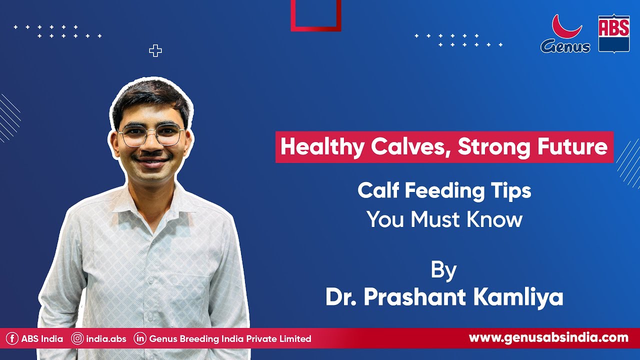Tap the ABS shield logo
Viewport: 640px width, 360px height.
click(x=613, y=33)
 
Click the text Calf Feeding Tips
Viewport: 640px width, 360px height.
click(x=444, y=191)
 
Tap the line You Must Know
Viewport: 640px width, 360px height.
click(x=444, y=219)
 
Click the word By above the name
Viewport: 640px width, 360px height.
click(x=443, y=270)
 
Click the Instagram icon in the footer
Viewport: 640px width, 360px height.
click(x=77, y=339)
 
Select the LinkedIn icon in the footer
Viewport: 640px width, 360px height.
click(x=140, y=339)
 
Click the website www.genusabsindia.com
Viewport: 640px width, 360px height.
click(x=548, y=338)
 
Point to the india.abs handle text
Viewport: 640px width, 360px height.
click(x=106, y=339)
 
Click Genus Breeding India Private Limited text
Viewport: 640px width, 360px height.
click(x=230, y=339)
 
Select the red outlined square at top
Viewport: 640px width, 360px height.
click(x=316, y=15)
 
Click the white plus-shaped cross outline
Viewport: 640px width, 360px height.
click(x=155, y=50)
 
